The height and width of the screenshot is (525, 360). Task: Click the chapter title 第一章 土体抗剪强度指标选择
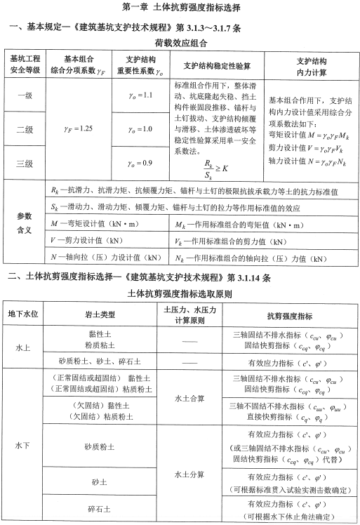[182, 9]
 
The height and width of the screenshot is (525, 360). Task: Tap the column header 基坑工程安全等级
[24, 65]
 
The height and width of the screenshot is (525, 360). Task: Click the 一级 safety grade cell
[24, 95]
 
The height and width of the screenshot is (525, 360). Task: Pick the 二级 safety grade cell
[24, 129]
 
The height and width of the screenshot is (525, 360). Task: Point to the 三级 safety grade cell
[24, 164]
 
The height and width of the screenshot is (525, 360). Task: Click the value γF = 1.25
[77, 128]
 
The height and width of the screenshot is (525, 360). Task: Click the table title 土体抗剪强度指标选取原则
[182, 292]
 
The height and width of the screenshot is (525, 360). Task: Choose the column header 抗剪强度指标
[290, 314]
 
